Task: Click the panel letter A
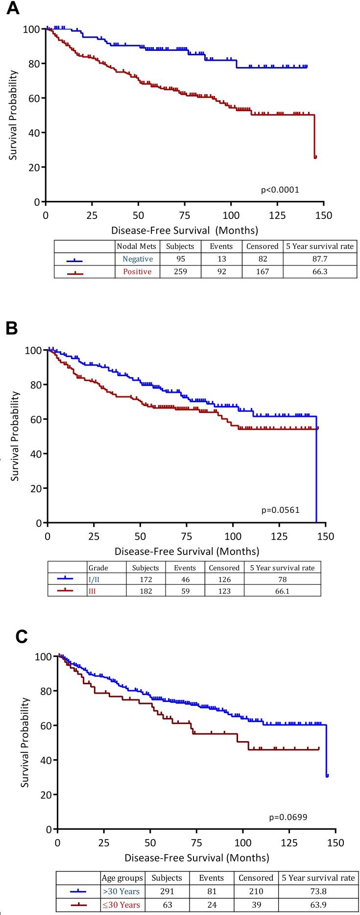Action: click(12, 9)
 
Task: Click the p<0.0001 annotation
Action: click(280, 190)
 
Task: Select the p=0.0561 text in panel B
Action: click(280, 510)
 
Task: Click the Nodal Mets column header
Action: click(137, 246)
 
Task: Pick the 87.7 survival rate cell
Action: click(319, 259)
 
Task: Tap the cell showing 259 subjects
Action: click(180, 271)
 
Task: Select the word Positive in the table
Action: click(137, 271)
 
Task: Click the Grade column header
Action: click(98, 568)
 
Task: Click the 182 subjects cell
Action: click(145, 591)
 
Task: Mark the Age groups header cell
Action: click(122, 878)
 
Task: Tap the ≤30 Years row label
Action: click(121, 905)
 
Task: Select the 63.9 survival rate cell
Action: click(318, 905)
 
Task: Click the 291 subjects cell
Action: click(167, 891)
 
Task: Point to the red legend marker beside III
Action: click(65, 591)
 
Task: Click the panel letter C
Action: click(22, 636)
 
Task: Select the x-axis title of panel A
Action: click(184, 230)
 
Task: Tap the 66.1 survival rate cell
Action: click(282, 591)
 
